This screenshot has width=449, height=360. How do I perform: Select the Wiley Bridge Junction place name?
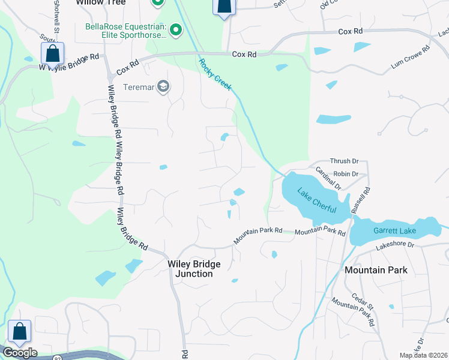[x=194, y=269]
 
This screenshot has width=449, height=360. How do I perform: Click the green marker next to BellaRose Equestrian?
[x=176, y=29]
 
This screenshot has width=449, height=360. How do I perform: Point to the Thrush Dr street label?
[x=344, y=161]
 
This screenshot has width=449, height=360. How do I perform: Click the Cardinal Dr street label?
[x=328, y=178]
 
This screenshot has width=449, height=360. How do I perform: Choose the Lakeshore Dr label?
[x=395, y=245]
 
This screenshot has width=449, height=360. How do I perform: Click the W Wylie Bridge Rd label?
[x=69, y=63]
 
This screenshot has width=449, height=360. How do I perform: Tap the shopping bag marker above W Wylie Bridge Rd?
[x=53, y=52]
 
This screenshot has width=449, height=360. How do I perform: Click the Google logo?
[x=19, y=353]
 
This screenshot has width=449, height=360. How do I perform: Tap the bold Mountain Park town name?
[x=376, y=270]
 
